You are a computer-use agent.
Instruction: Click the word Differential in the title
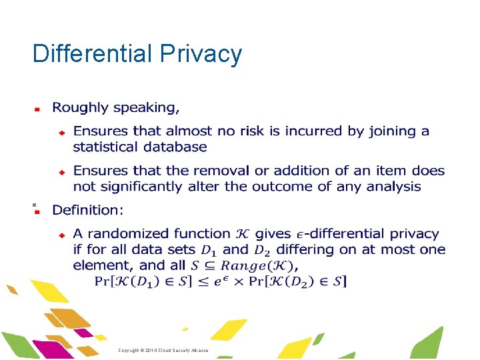pos(93,54)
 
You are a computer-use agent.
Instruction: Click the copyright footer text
pos(163,350)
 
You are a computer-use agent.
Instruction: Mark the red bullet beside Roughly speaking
pos(38,108)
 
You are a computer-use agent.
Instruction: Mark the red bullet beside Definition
pos(38,211)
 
